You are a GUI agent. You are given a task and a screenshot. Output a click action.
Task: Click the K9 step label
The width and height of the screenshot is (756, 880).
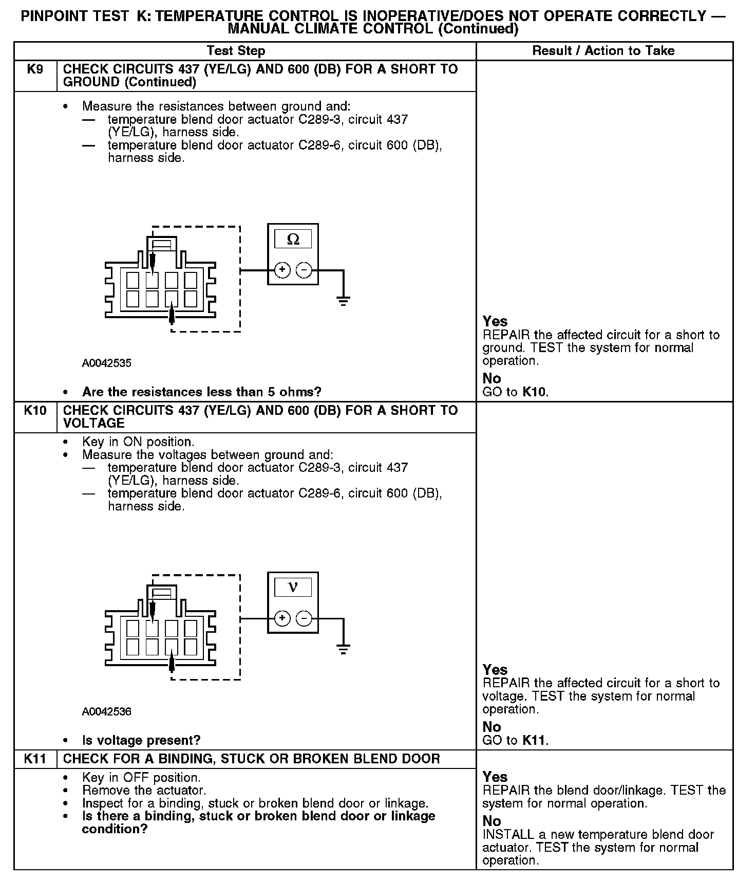click(x=35, y=69)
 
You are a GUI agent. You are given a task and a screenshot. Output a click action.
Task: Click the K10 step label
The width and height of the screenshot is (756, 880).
click(x=35, y=411)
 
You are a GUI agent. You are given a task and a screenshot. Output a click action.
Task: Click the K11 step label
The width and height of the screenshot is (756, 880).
click(x=35, y=759)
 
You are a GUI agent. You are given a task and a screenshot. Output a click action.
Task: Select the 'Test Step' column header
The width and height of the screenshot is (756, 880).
click(x=236, y=51)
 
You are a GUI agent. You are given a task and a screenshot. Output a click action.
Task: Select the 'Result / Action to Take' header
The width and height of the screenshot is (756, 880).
click(x=603, y=51)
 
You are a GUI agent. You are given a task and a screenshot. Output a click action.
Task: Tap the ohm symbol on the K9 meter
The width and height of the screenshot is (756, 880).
click(x=293, y=240)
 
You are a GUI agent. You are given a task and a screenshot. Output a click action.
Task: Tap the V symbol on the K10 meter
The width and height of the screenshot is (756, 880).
click(x=293, y=588)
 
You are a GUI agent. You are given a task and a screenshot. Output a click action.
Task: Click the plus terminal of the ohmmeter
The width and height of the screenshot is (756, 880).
click(x=282, y=270)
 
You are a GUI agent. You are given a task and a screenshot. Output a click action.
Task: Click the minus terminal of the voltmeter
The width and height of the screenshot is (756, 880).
click(x=304, y=618)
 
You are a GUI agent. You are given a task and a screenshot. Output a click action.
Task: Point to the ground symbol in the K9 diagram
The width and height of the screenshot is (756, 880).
click(x=344, y=300)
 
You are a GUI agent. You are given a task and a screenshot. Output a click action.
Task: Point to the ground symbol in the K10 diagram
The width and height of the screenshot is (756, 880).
click(x=344, y=649)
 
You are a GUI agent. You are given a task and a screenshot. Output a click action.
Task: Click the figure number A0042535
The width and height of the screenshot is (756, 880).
click(x=107, y=363)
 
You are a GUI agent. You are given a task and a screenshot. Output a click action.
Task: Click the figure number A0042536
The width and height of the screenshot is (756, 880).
click(x=107, y=712)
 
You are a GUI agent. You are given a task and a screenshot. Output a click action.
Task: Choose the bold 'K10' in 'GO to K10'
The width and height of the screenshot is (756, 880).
click(x=535, y=392)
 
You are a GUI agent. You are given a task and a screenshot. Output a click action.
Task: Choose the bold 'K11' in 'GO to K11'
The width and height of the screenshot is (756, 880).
click(x=535, y=741)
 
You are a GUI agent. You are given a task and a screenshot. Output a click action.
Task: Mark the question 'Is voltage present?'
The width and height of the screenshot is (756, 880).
click(x=141, y=741)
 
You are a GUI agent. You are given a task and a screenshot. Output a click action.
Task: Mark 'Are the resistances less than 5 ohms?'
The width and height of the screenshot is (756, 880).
click(x=201, y=392)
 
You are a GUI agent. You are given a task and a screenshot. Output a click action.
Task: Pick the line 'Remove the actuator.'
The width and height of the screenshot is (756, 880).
click(x=144, y=791)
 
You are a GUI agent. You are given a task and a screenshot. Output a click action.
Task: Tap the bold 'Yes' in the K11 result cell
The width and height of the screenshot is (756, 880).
click(x=495, y=777)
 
